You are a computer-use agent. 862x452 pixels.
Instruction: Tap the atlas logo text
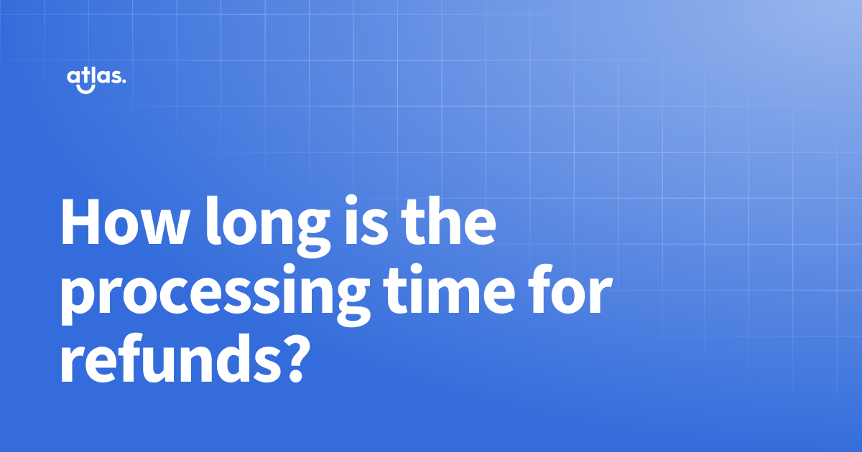(x=95, y=77)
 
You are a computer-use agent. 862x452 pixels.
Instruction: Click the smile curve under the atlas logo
(x=86, y=90)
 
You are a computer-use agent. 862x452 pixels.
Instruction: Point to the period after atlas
(x=124, y=82)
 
